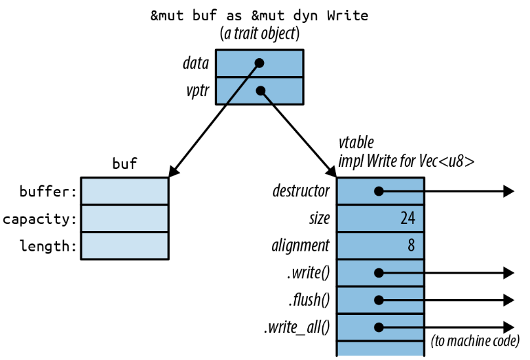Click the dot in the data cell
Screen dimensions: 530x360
click(x=259, y=63)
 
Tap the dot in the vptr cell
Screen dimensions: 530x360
click(x=261, y=90)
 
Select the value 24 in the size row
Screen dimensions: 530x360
click(x=407, y=218)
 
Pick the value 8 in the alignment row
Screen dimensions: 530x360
click(x=411, y=245)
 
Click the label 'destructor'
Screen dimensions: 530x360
click(x=301, y=191)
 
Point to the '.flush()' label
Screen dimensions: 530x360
click(x=309, y=300)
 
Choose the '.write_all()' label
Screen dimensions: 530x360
click(x=297, y=327)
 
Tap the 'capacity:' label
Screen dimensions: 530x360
click(x=39, y=219)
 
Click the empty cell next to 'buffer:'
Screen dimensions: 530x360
click(x=124, y=191)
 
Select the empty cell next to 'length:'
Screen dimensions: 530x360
click(x=124, y=245)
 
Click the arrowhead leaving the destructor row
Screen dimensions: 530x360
click(x=508, y=191)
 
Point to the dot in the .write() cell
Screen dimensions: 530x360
click(x=379, y=273)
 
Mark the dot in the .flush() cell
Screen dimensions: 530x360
click(x=379, y=300)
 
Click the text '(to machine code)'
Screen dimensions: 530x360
click(x=475, y=341)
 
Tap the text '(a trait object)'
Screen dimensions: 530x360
click(x=259, y=34)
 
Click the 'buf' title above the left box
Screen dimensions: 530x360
click(x=124, y=164)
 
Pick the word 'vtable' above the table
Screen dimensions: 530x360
click(x=356, y=143)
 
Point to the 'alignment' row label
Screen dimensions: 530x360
click(x=301, y=245)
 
